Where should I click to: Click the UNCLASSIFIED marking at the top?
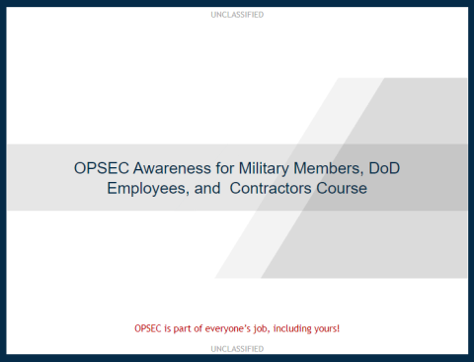coord(237,15)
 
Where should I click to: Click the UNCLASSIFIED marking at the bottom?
coord(237,349)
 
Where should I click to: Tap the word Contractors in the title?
coord(271,188)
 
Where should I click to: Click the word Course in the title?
coord(342,188)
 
